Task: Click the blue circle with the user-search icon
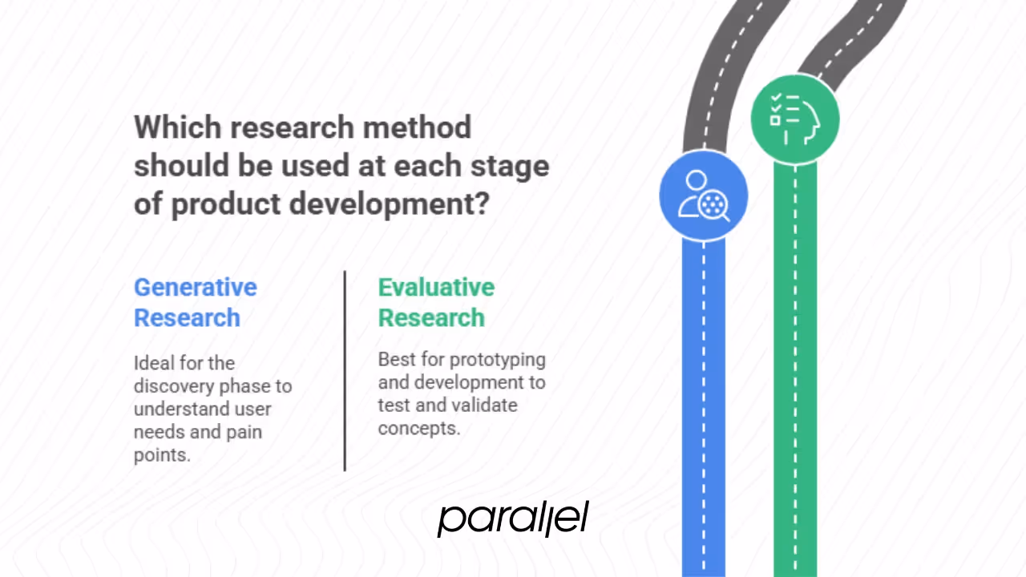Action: point(703,196)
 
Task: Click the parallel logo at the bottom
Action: point(513,518)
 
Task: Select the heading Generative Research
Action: point(195,302)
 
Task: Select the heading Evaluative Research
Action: point(436,302)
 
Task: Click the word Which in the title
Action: point(173,127)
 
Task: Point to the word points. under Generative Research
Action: point(162,455)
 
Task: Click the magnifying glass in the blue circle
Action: point(713,207)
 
